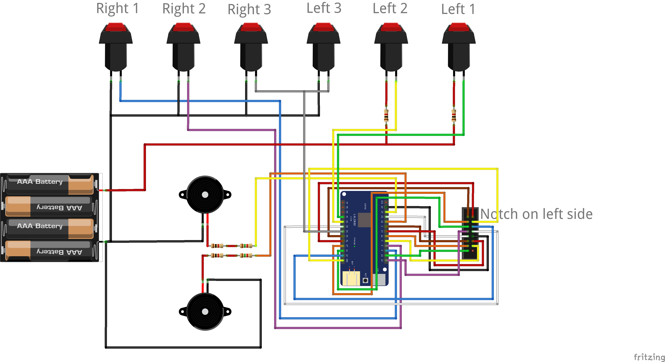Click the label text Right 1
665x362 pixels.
[117, 9]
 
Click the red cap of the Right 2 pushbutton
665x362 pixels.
[183, 27]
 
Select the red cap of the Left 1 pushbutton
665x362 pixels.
[459, 27]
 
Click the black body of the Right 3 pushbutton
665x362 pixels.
[251, 55]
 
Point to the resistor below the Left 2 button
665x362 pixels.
[386, 115]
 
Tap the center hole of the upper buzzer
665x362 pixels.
[205, 195]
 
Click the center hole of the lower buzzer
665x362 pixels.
[205, 312]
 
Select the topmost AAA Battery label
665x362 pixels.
[40, 182]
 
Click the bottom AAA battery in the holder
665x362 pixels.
[49, 251]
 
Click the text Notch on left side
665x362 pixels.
[536, 214]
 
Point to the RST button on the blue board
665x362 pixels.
[365, 280]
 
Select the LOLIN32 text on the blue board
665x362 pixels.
[355, 220]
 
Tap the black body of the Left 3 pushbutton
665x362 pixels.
[324, 55]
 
